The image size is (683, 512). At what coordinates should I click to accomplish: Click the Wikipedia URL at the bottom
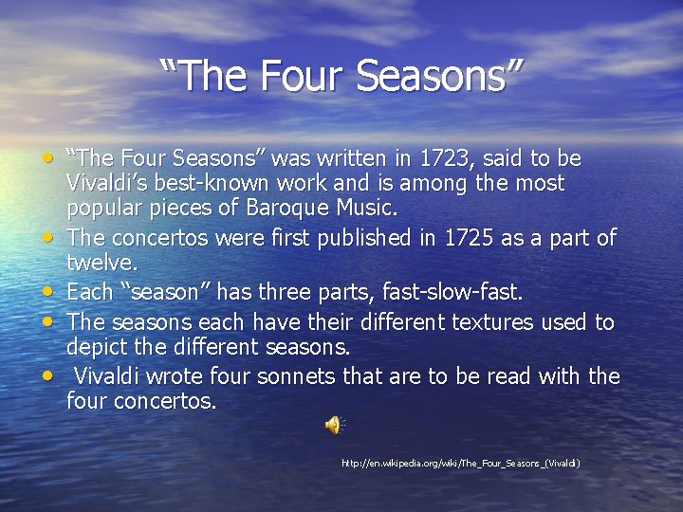[x=461, y=463]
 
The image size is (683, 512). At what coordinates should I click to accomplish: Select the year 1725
[x=493, y=238]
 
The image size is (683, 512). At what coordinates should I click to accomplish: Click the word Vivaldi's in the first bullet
[x=109, y=183]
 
